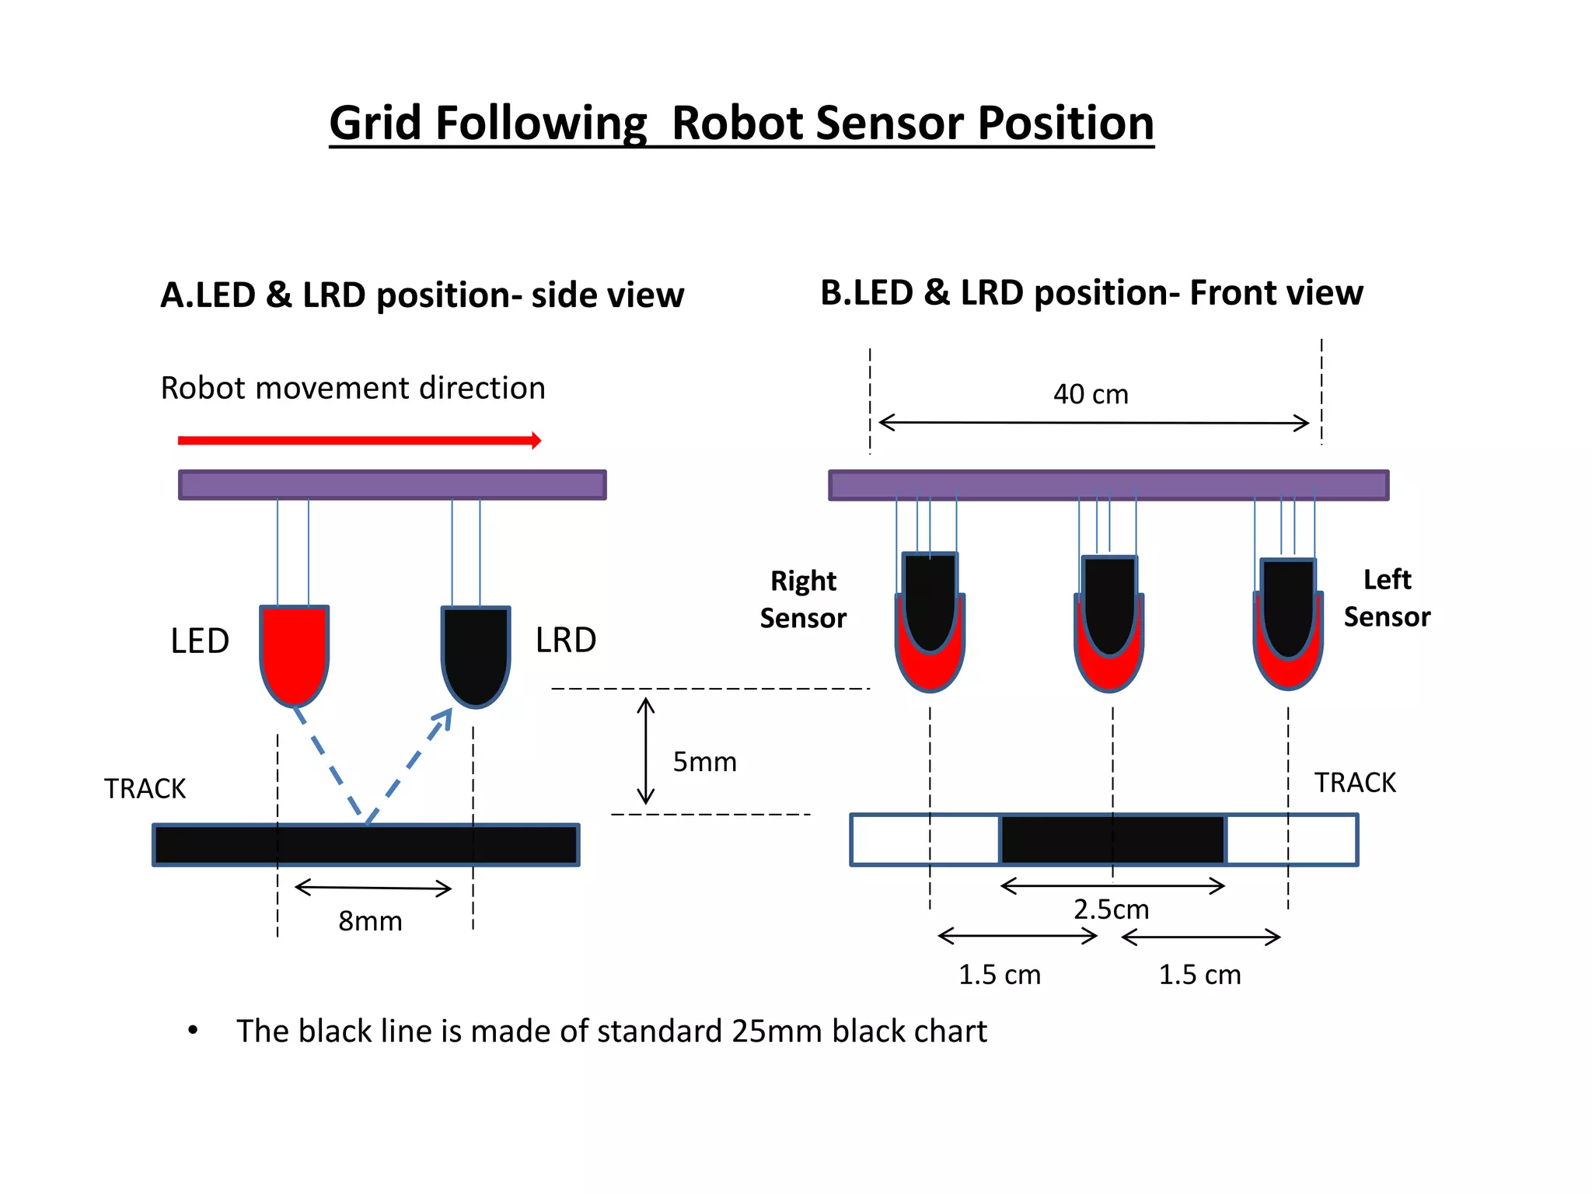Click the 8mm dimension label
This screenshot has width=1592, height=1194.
pyautogui.click(x=370, y=921)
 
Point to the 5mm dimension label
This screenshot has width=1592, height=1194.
pyautogui.click(x=704, y=762)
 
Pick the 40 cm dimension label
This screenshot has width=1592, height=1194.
pyautogui.click(x=1091, y=394)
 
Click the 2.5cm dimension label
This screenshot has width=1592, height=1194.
pyautogui.click(x=1111, y=909)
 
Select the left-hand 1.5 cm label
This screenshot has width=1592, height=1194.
pyautogui.click(x=999, y=975)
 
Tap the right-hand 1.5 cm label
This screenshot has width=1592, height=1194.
pyautogui.click(x=1199, y=975)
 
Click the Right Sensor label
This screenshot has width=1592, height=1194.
pyautogui.click(x=803, y=599)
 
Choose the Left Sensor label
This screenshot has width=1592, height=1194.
pyautogui.click(x=1387, y=598)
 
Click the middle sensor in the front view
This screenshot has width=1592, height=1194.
pyautogui.click(x=1109, y=622)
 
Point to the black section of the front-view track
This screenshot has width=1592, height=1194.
pyautogui.click(x=1112, y=840)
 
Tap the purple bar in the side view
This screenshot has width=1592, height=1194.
pyautogui.click(x=392, y=485)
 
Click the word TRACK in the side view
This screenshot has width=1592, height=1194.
pyautogui.click(x=145, y=789)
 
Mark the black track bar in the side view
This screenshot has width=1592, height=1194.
pyautogui.click(x=365, y=845)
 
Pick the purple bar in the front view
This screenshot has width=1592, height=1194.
pyautogui.click(x=1108, y=485)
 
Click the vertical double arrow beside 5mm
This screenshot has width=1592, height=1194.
pyautogui.click(x=646, y=751)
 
